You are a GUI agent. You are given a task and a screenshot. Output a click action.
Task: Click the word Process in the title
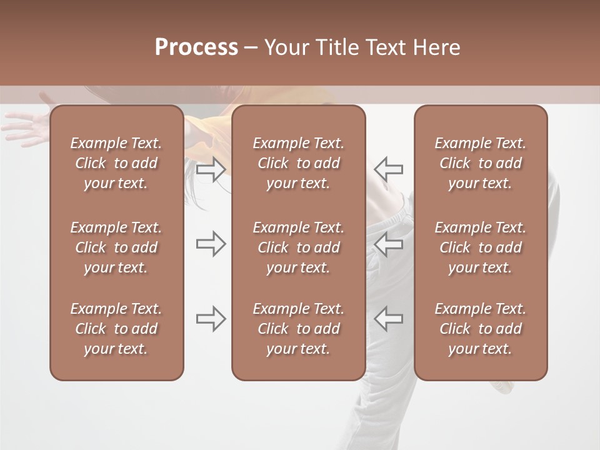coord(196,47)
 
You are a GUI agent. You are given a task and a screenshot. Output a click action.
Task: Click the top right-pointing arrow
coord(211,169)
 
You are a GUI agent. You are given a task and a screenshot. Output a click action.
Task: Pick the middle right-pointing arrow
coord(211,244)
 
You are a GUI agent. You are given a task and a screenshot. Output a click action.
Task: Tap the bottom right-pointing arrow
coord(211,319)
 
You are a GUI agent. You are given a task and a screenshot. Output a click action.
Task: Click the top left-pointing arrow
coord(388,169)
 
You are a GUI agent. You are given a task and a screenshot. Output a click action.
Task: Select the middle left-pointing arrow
coord(388,244)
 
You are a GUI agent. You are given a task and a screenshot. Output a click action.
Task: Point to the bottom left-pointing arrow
coord(388,319)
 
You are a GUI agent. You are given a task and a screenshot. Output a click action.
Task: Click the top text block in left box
coord(116,163)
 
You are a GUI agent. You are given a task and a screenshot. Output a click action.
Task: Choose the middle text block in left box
coord(116,247)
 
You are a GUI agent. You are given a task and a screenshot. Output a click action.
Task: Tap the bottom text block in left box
coord(116,329)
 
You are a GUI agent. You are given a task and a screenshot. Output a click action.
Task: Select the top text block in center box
coord(299,163)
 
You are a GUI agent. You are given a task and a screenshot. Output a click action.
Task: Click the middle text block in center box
coord(299,247)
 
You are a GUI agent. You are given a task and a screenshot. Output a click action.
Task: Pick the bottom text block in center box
coord(299,329)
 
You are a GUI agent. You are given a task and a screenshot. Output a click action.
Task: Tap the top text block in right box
coord(481,163)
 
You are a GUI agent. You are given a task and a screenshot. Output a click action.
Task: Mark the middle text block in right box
coord(481,247)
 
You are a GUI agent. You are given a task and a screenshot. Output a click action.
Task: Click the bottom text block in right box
coord(481,329)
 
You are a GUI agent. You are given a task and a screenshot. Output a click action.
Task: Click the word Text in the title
coord(384,47)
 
